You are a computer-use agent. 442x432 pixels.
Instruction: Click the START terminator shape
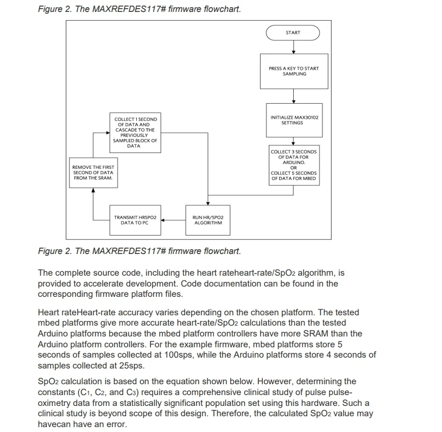pyautogui.click(x=293, y=33)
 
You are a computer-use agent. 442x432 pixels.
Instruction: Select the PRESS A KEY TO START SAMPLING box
pyautogui.click(x=294, y=71)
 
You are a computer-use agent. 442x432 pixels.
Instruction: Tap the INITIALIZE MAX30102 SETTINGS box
pyautogui.click(x=294, y=120)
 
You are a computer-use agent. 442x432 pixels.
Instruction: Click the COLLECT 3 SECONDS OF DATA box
pyautogui.click(x=293, y=164)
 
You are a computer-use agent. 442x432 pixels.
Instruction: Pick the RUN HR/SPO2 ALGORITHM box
pyautogui.click(x=207, y=220)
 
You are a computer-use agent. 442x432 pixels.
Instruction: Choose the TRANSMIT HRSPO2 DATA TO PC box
pyautogui.click(x=135, y=220)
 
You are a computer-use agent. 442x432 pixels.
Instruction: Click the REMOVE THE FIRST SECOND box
pyautogui.click(x=93, y=173)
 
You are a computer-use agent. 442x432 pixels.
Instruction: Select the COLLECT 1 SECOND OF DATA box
pyautogui.click(x=135, y=132)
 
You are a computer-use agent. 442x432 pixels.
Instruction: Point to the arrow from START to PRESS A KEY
pyautogui.click(x=293, y=47)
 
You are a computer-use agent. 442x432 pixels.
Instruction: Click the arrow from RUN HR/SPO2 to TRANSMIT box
pyautogui.click(x=173, y=220)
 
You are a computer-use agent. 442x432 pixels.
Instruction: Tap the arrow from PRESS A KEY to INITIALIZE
pyautogui.click(x=293, y=96)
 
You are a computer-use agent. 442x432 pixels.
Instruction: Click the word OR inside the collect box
pyautogui.click(x=293, y=167)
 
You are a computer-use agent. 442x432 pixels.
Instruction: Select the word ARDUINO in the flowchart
pyautogui.click(x=293, y=162)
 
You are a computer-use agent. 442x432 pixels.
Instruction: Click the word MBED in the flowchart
pyautogui.click(x=308, y=178)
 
